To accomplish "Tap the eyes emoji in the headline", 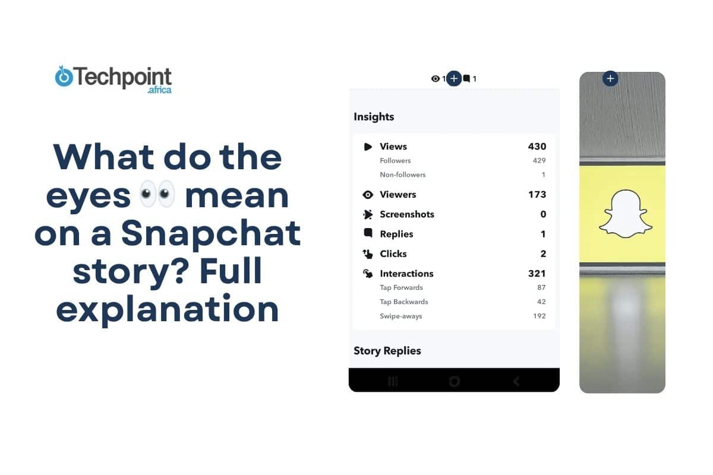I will click(157, 194).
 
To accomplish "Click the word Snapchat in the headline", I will click(211, 234).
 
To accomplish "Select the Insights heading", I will click(374, 117).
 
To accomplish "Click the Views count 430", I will click(537, 147).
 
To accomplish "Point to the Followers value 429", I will click(539, 161).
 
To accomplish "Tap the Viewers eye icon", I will click(368, 195).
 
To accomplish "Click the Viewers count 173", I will click(537, 195).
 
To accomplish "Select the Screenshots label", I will click(407, 214).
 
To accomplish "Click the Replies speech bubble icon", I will click(368, 233).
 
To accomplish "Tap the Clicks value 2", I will click(542, 254).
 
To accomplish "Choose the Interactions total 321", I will click(537, 274).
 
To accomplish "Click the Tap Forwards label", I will click(401, 288).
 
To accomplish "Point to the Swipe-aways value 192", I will click(539, 316).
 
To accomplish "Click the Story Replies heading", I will click(387, 351).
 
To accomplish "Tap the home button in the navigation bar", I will click(455, 381).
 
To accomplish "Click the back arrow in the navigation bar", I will click(516, 381).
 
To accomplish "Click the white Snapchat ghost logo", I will click(625, 214).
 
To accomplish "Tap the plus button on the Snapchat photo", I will click(610, 78).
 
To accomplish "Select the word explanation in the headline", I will click(168, 309).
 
